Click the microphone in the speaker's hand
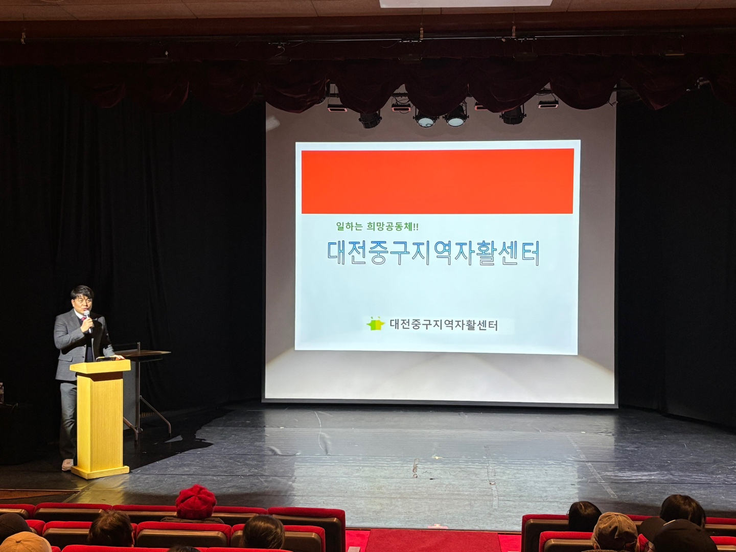coord(87,321)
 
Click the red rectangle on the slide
coord(438,181)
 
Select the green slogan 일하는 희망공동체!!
coord(377,227)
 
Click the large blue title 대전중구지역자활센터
coord(433,253)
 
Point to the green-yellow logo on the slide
coord(375,323)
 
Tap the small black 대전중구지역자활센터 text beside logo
coord(444,325)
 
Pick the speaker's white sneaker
coord(67,465)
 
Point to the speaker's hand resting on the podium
coord(119,357)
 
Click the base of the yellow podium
coord(100,471)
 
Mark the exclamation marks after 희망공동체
coord(416,227)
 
